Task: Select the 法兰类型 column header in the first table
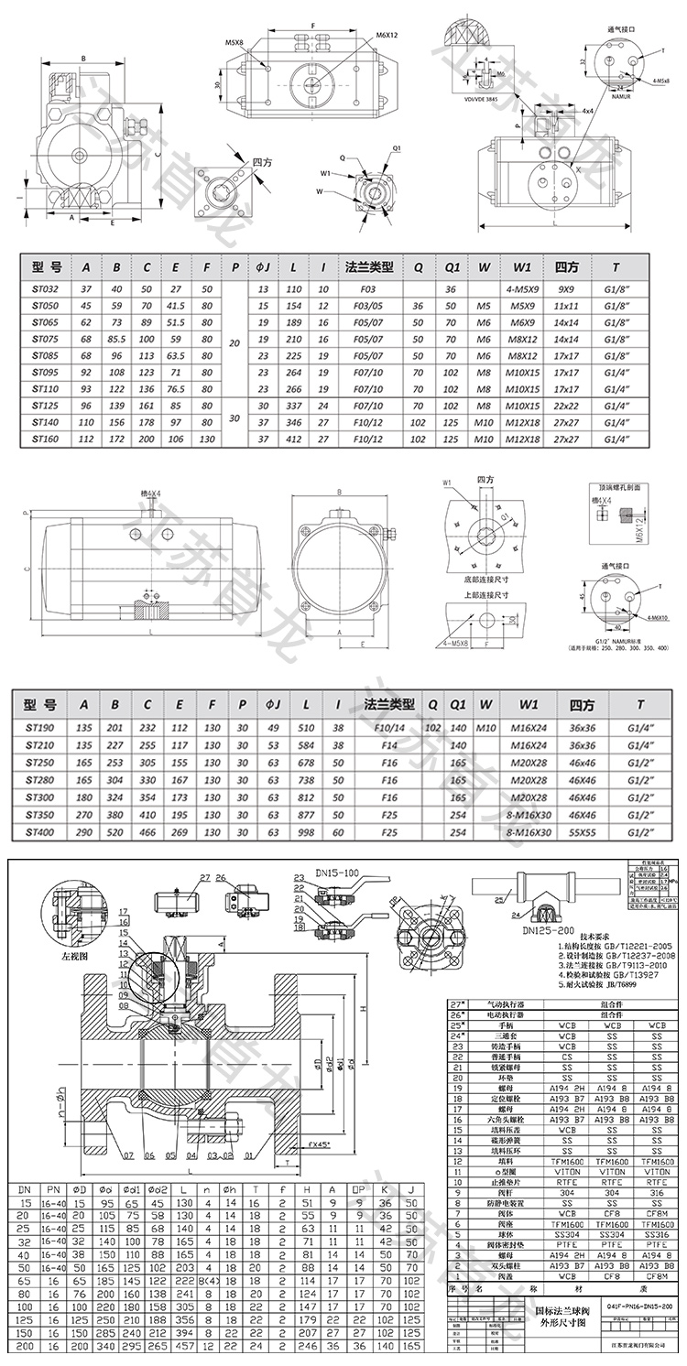369,268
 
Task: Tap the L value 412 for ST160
295,439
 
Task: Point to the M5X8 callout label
235,42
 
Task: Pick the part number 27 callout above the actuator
204,876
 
